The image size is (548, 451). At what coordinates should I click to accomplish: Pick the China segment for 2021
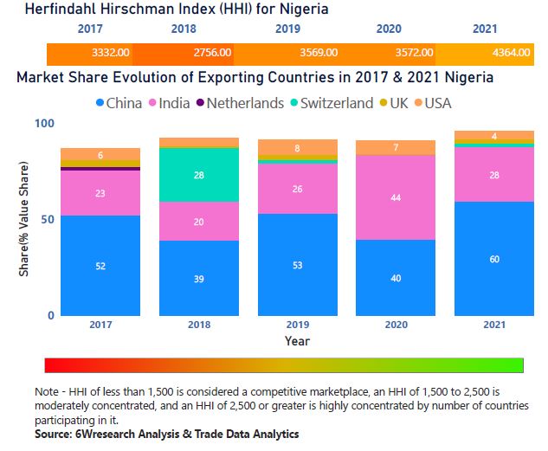[x=493, y=259]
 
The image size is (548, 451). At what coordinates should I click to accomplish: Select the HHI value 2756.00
[x=212, y=52]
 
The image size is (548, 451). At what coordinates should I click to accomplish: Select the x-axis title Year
[x=297, y=340]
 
